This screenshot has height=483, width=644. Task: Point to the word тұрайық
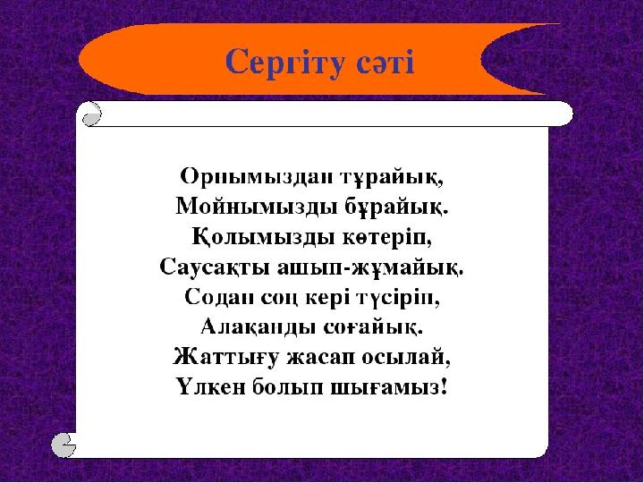pyautogui.click(x=393, y=177)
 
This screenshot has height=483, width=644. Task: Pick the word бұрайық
pyautogui.click(x=394, y=207)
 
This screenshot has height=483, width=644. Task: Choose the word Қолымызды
pyautogui.click(x=263, y=237)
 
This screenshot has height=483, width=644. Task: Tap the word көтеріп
pyautogui.click(x=387, y=237)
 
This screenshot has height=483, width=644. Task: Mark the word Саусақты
pyautogui.click(x=215, y=267)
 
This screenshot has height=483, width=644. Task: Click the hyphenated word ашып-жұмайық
pyautogui.click(x=370, y=267)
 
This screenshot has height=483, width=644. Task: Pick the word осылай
pyautogui.click(x=406, y=357)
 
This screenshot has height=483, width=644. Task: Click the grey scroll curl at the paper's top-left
pyautogui.click(x=91, y=114)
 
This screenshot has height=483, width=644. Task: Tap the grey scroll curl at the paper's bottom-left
pyautogui.click(x=64, y=445)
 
